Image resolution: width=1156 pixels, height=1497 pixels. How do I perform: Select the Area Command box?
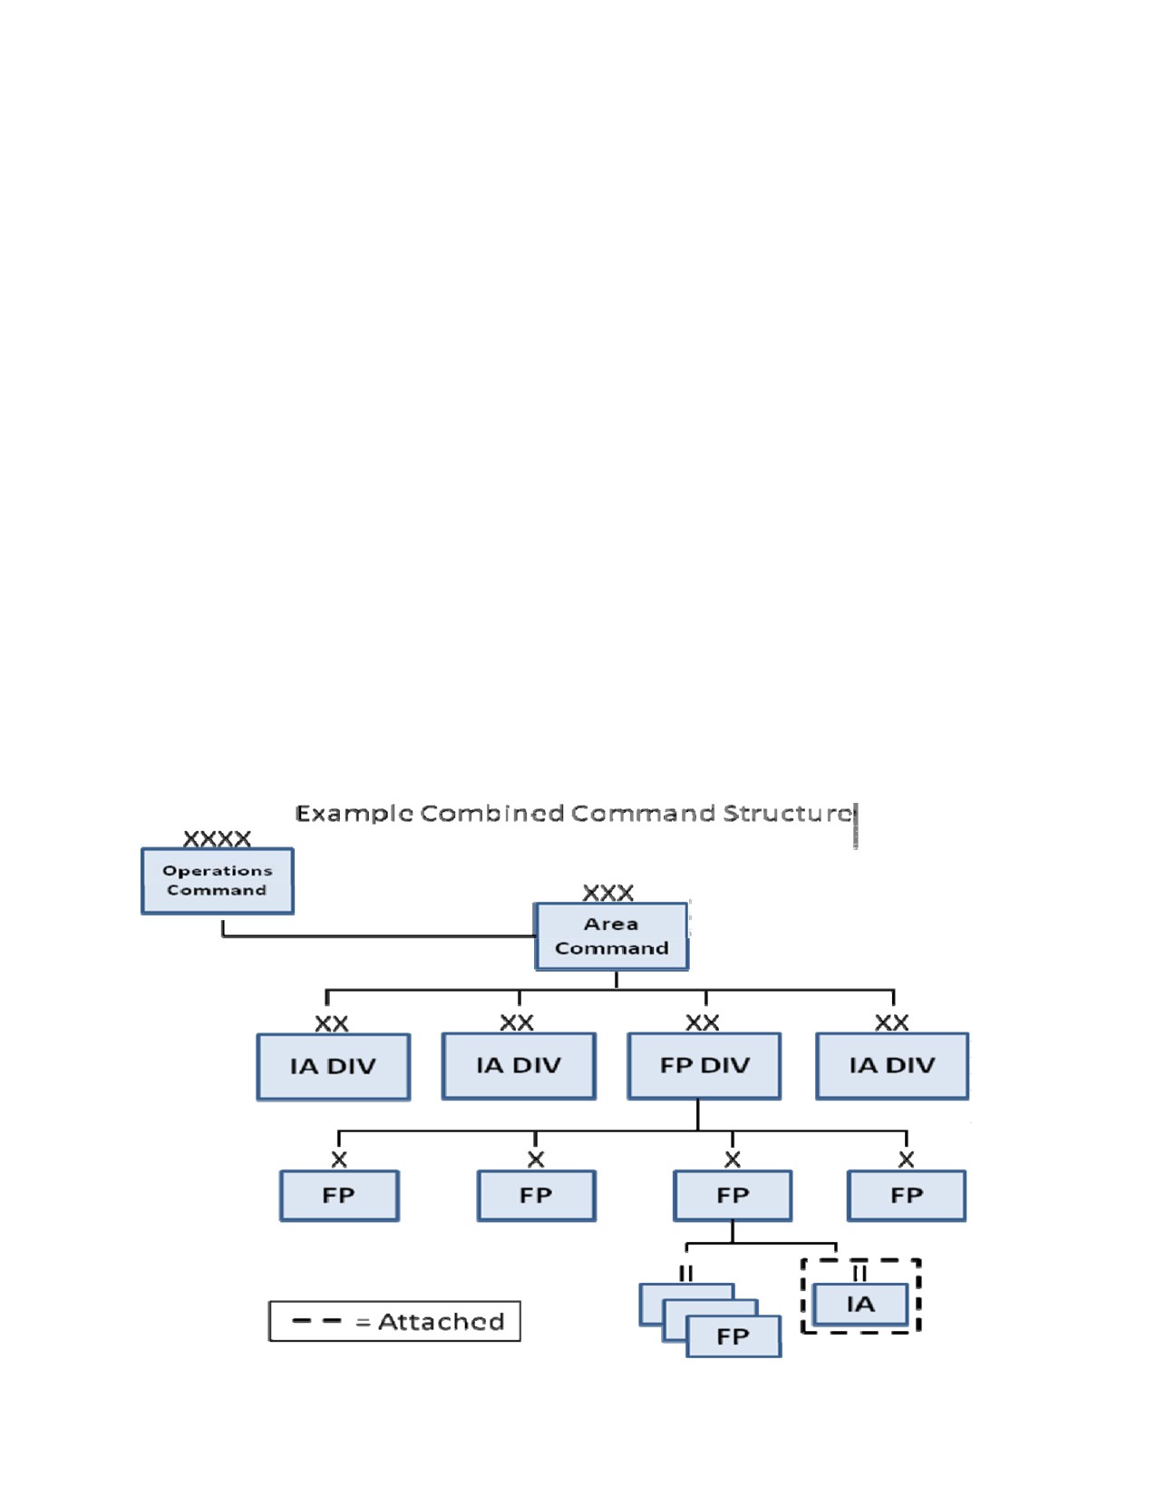click(611, 936)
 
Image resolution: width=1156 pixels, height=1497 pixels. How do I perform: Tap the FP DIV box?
click(704, 1066)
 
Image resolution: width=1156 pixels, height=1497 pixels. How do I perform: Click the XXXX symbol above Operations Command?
click(217, 838)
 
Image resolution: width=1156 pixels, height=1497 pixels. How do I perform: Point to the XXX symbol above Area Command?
click(608, 893)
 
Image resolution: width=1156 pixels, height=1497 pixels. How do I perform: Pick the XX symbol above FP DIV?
click(703, 1022)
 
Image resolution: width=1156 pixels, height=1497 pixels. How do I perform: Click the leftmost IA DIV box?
click(334, 1067)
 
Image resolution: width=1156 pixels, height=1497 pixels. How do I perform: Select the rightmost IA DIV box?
click(892, 1066)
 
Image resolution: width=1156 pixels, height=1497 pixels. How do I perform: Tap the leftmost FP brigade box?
click(339, 1196)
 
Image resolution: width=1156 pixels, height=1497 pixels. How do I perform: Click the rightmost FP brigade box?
click(906, 1196)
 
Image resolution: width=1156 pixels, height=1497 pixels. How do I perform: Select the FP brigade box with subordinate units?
click(733, 1196)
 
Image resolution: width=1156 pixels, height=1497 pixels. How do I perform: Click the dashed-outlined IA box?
click(860, 1304)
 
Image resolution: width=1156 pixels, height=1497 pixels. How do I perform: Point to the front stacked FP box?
click(733, 1336)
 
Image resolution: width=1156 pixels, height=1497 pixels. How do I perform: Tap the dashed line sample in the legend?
click(316, 1321)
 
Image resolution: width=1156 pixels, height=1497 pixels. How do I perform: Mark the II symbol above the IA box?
click(860, 1273)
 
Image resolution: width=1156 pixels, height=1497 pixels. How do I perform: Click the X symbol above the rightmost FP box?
click(906, 1159)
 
